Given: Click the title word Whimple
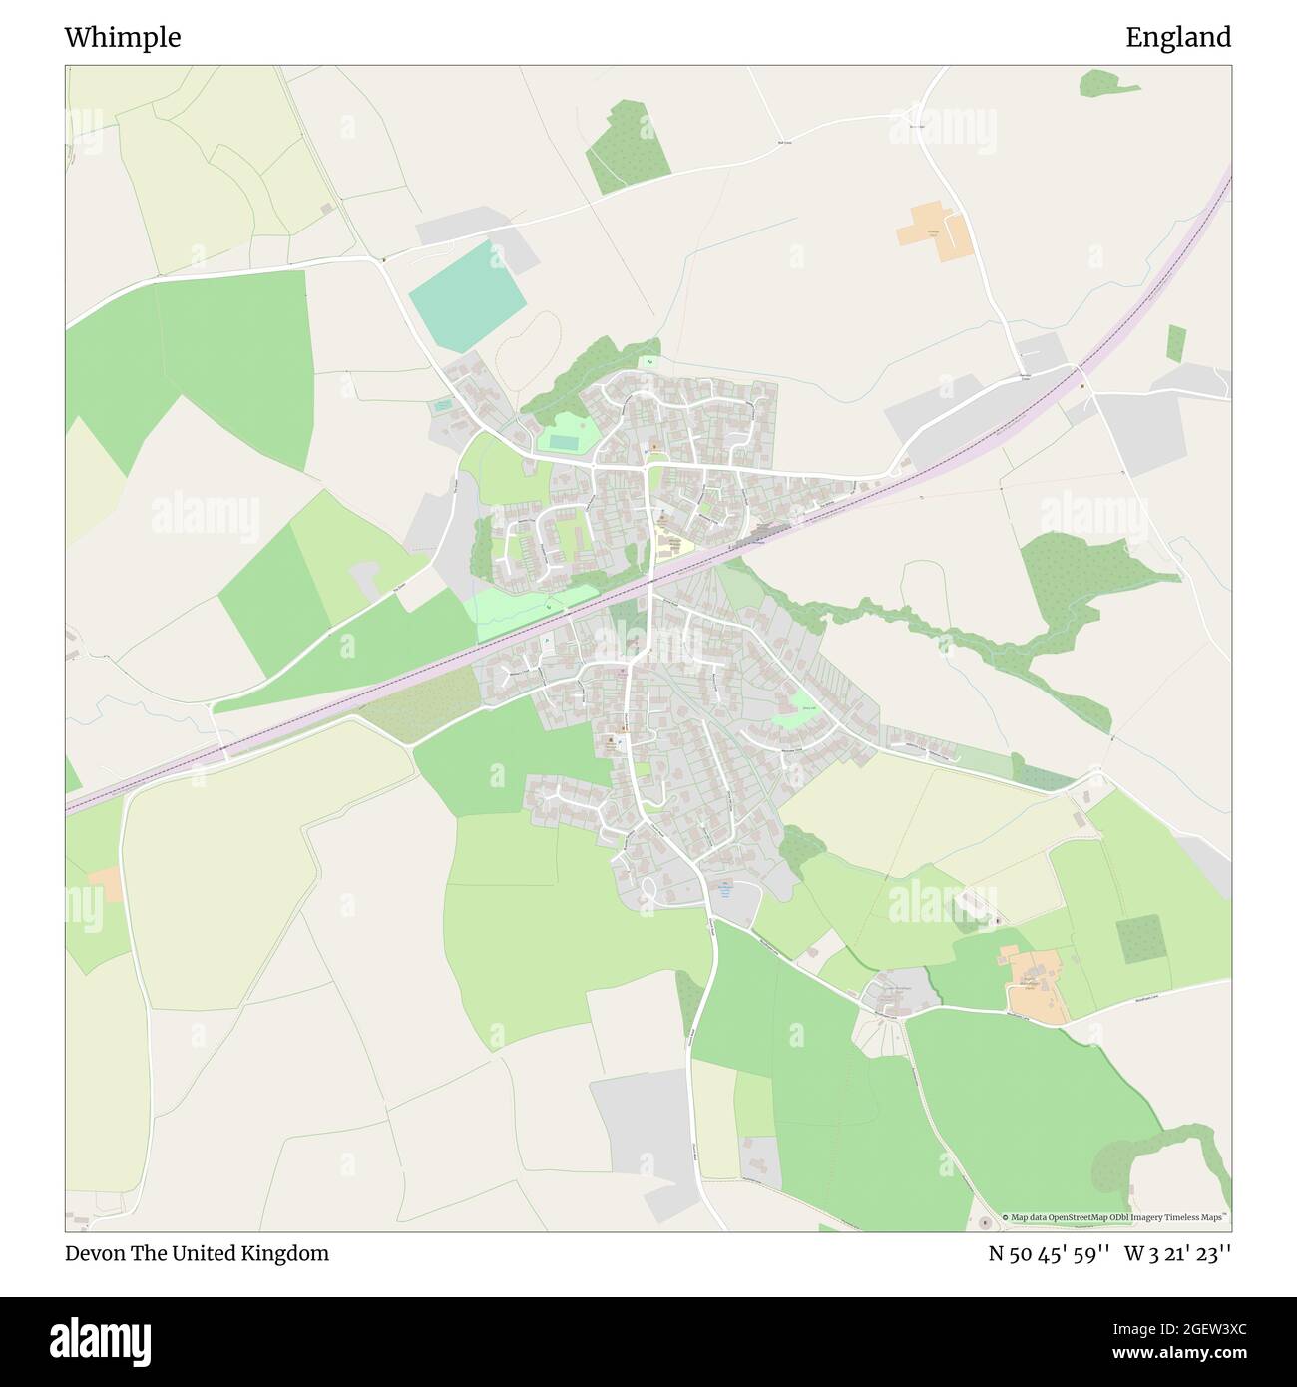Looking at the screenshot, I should tap(123, 38).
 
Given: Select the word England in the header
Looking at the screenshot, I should tap(1178, 38).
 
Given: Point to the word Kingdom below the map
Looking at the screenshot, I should tap(290, 1253).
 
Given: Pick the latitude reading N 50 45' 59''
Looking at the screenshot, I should tap(1050, 1253).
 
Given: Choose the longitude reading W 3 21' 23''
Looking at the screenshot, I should tap(1178, 1253).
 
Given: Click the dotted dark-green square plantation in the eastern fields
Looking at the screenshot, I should tap(1139, 938).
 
